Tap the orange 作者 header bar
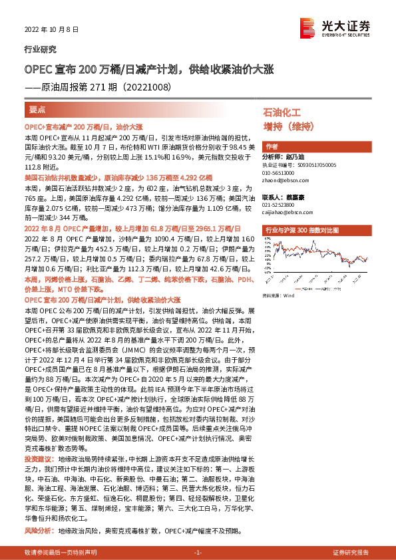(x=272, y=146)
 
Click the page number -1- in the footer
(x=198, y=553)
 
